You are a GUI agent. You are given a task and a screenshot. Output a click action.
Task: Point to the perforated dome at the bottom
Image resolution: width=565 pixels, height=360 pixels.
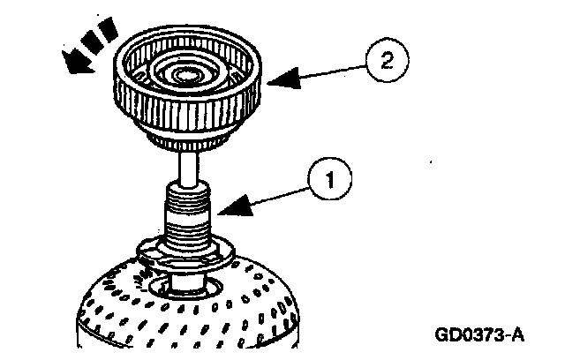coord(132,309)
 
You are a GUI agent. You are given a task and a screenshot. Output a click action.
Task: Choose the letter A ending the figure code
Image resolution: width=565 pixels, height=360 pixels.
coord(518,336)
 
